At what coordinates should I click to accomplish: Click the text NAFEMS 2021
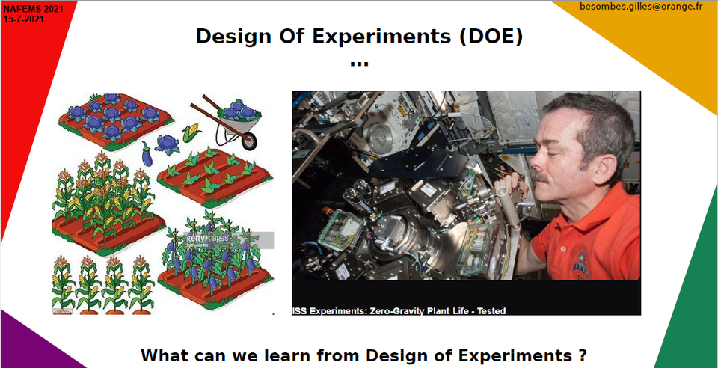[34, 9]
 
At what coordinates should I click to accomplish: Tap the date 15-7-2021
[24, 19]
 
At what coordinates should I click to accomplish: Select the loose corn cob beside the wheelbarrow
[192, 132]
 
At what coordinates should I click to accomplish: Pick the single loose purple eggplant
[147, 155]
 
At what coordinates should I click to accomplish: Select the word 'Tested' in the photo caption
[491, 311]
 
